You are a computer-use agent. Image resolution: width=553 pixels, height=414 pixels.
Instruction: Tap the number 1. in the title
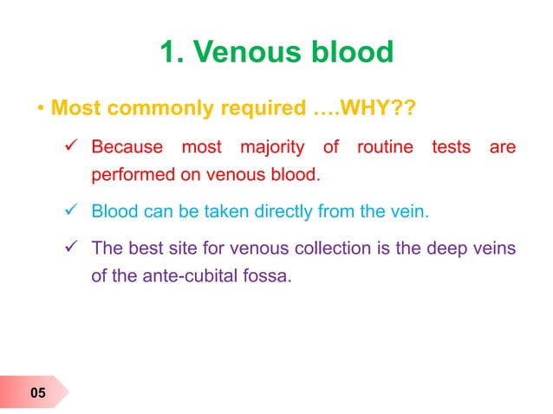click(172, 54)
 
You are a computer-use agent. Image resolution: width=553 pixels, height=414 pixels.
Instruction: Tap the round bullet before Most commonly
click(41, 111)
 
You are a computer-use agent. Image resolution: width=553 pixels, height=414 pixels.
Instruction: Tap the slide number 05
click(37, 395)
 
